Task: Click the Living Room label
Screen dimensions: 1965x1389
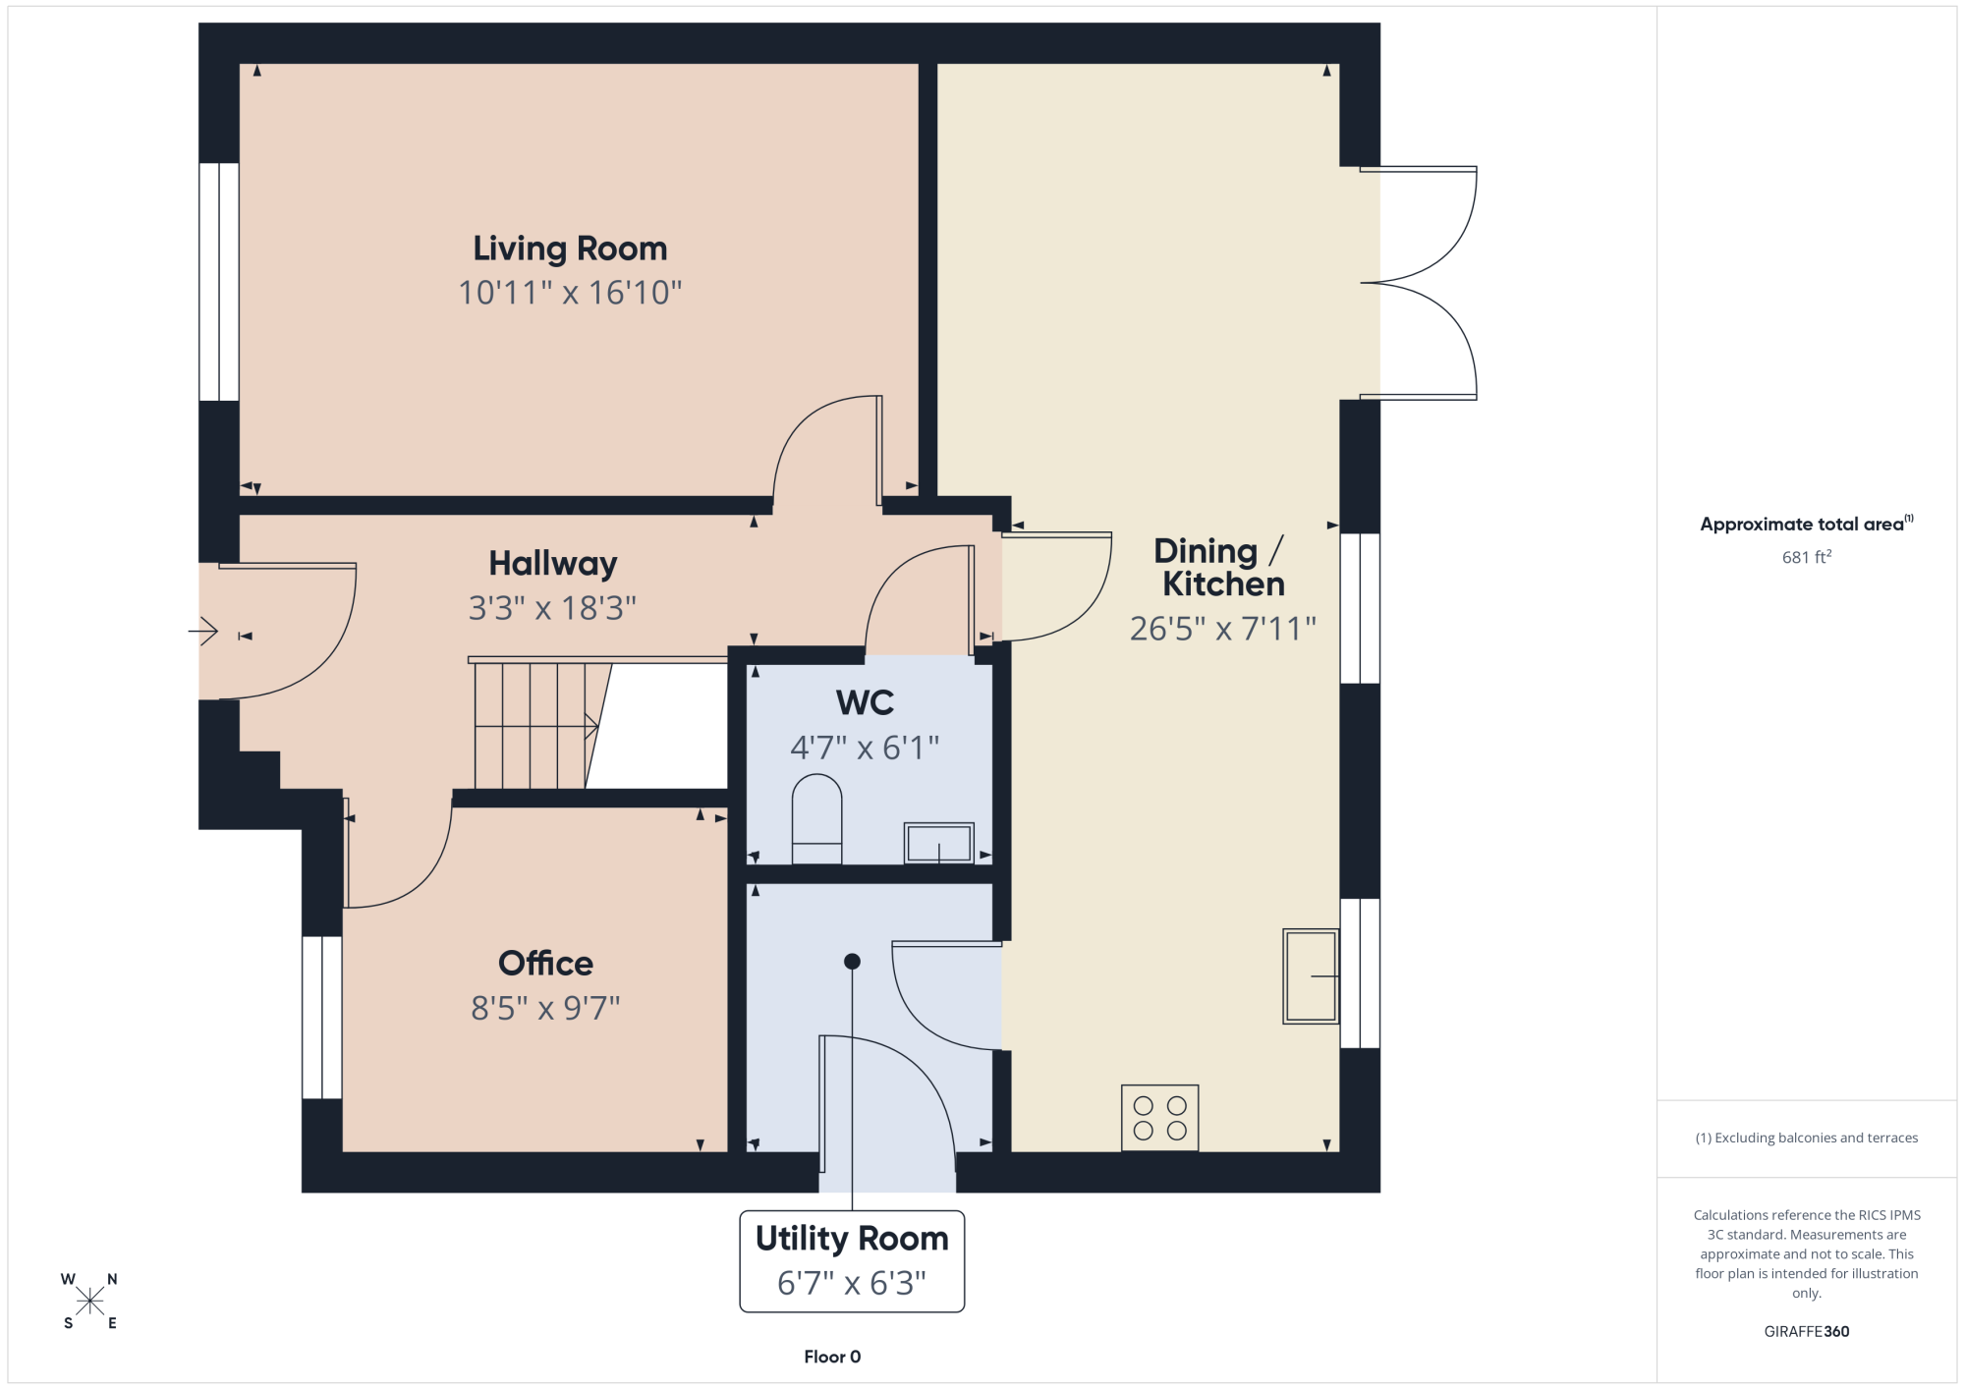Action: tap(570, 250)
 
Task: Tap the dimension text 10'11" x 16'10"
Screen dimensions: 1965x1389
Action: tap(570, 293)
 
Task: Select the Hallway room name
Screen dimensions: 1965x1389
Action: tap(553, 565)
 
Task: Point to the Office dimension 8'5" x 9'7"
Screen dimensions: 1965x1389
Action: tap(545, 1008)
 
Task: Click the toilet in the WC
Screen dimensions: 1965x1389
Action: tap(816, 819)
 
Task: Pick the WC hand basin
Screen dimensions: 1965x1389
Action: tap(939, 843)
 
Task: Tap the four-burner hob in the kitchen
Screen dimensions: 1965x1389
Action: tap(1160, 1118)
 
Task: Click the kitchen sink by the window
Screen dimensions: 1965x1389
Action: tap(1311, 976)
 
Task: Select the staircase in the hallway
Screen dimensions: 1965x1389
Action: tap(540, 725)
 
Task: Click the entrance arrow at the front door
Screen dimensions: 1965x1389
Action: tap(202, 631)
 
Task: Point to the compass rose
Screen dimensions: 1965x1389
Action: tap(89, 1302)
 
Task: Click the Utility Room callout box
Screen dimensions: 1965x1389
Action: tap(852, 1261)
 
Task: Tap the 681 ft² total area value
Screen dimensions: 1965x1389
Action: tap(1807, 557)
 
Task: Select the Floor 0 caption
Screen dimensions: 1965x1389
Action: tap(832, 1357)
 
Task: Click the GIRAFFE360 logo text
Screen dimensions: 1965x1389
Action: tap(1807, 1332)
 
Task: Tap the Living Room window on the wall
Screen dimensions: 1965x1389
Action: tap(219, 282)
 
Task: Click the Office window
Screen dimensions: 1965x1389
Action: tap(322, 1018)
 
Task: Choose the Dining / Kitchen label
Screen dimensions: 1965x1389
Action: tap(1220, 568)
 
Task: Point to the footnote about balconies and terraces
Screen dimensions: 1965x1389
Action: tap(1807, 1138)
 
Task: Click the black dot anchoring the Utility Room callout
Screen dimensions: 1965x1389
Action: tap(852, 962)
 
